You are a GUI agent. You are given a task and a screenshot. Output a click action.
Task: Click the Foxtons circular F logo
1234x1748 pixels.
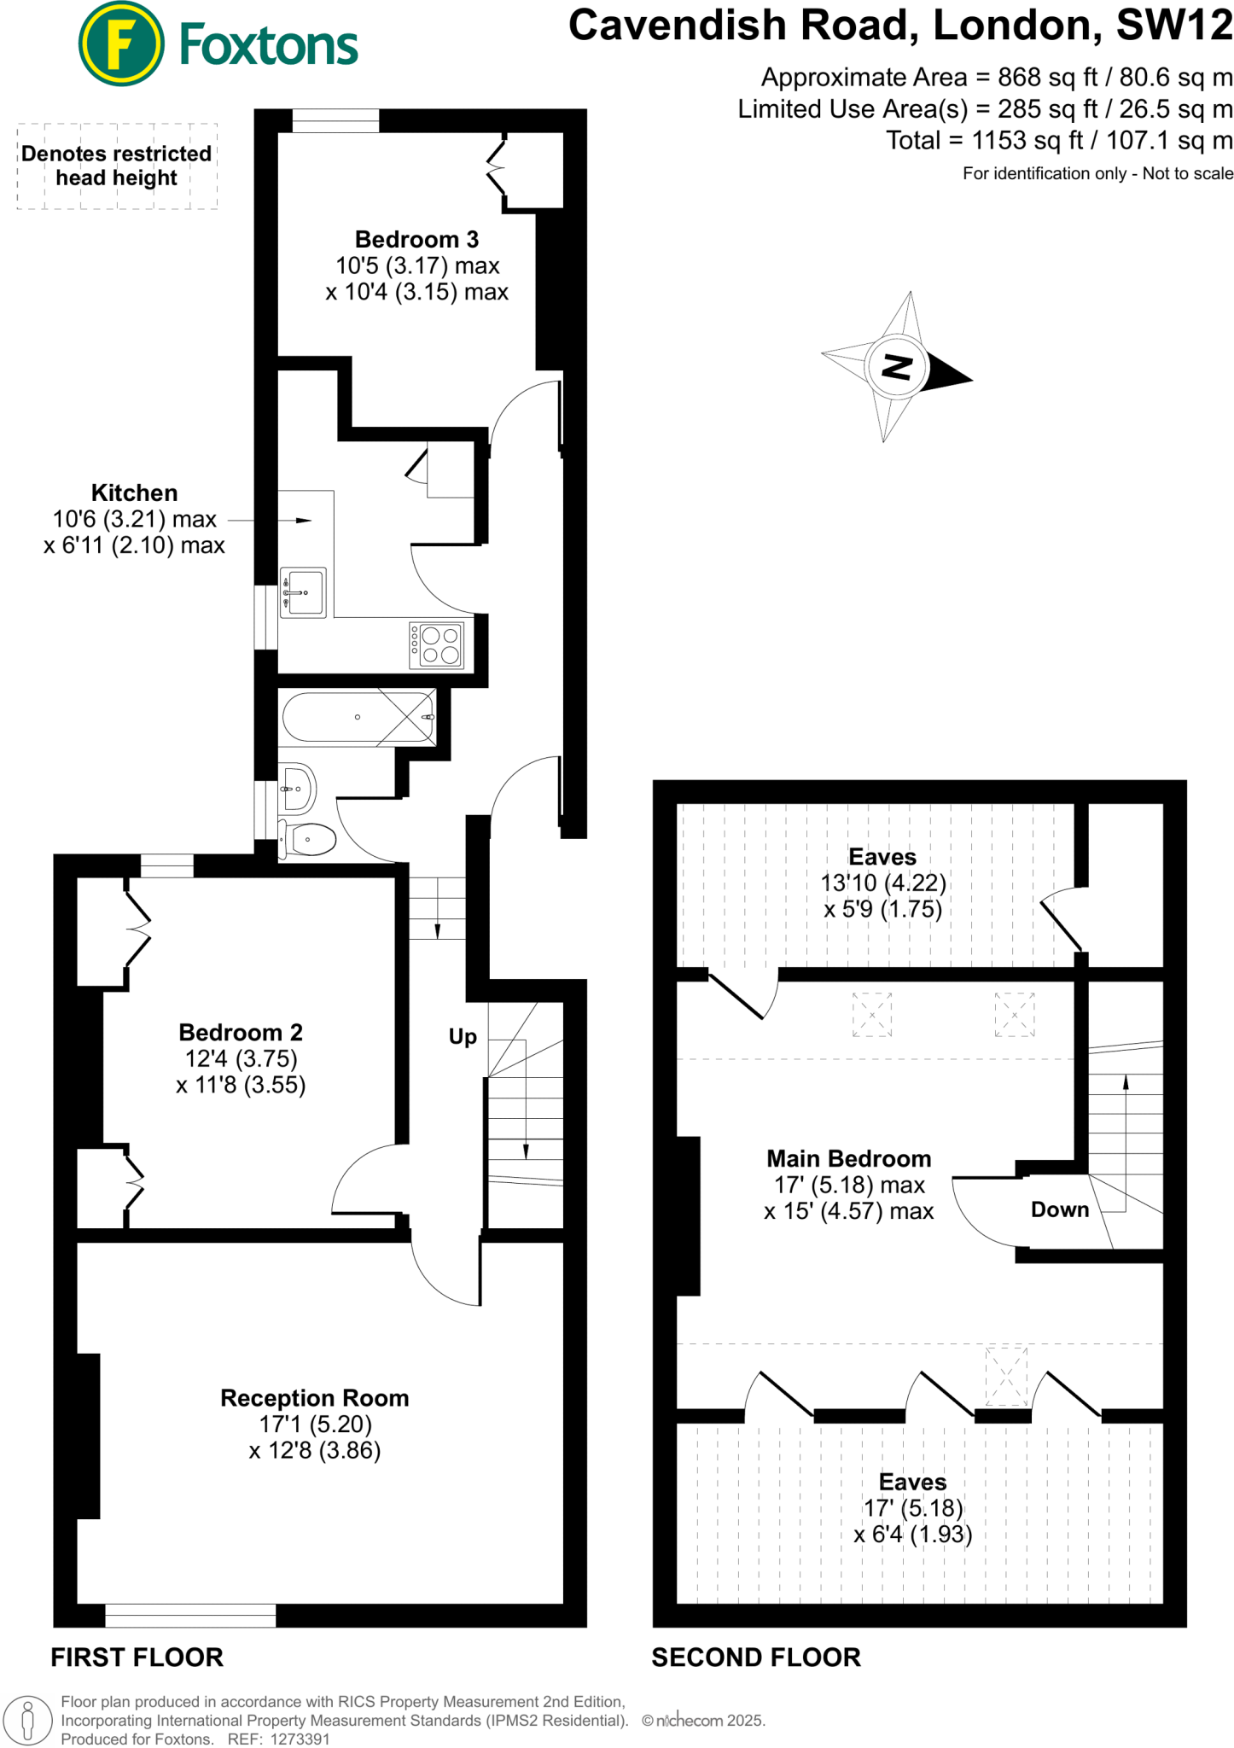pos(120,44)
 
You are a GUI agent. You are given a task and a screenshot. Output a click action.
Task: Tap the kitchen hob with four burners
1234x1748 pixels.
pos(437,644)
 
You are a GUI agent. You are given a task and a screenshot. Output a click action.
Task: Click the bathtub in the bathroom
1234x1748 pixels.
pos(358,717)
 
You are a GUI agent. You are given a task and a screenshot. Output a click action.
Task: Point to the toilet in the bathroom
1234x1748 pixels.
pos(309,839)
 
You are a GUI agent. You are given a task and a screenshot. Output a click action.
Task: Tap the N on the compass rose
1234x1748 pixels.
pos(895,367)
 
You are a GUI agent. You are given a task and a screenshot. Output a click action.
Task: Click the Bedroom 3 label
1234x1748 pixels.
pos(416,240)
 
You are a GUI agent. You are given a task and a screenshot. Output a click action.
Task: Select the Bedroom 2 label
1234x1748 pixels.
pos(241,1033)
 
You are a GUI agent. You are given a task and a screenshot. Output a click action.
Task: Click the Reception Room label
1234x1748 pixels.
pos(315,1398)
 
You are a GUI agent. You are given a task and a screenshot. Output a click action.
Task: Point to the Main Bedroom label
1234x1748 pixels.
pos(848,1159)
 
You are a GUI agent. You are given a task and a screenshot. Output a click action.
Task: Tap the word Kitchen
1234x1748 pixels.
pos(135,493)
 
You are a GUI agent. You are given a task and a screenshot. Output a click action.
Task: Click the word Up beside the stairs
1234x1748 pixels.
pos(463,1037)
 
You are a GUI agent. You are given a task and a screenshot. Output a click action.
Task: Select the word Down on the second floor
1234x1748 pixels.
pos(1060,1209)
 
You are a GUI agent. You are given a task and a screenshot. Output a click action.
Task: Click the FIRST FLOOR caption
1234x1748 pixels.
pos(137,1658)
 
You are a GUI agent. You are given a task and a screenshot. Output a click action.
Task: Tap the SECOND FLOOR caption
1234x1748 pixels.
pos(756,1658)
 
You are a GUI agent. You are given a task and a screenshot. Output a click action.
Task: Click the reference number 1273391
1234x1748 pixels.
pos(300,1739)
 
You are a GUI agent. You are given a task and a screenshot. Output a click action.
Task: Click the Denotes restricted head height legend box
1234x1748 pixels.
pos(117,166)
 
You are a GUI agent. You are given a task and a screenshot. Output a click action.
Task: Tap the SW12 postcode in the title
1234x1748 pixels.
pos(1175,26)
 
